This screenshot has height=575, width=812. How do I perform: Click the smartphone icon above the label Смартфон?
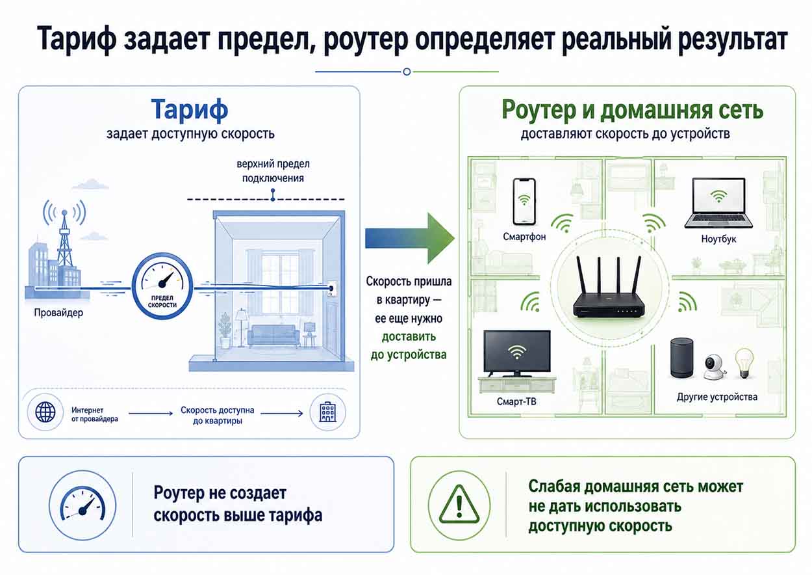(x=524, y=202)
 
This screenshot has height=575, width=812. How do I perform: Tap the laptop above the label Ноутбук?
(x=718, y=203)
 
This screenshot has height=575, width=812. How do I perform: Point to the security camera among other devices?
(x=715, y=367)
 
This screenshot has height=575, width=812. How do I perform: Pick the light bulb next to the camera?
(x=744, y=364)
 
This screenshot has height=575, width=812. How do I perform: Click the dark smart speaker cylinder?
(x=681, y=358)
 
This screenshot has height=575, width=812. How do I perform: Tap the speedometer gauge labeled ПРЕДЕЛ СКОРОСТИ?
(x=162, y=286)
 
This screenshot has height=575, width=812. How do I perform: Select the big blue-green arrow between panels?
(x=410, y=238)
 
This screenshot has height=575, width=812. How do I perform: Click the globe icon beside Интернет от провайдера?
(x=45, y=412)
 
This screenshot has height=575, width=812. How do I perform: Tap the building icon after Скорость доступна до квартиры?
(x=327, y=412)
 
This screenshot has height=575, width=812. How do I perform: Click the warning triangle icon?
(x=459, y=505)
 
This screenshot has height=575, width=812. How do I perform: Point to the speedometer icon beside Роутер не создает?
(x=82, y=505)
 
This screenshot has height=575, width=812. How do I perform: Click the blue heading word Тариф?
(x=190, y=109)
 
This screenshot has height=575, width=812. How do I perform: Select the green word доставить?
(x=409, y=336)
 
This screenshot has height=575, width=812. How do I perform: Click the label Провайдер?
(x=58, y=313)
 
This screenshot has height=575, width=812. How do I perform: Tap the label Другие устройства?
(x=717, y=397)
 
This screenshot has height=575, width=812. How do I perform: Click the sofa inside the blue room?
(x=273, y=336)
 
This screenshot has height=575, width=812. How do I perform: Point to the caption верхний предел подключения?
(x=273, y=171)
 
